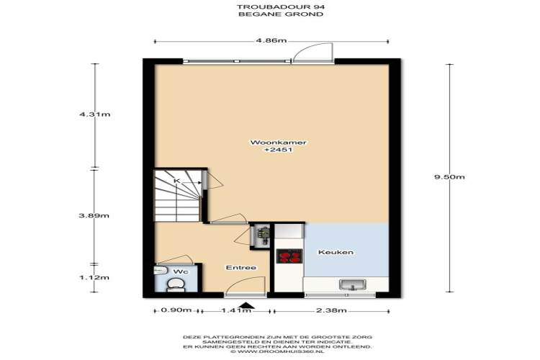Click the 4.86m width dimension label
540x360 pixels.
pyautogui.click(x=271, y=40)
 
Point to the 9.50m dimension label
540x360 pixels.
pyautogui.click(x=449, y=177)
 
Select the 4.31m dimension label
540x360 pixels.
pyautogui.click(x=95, y=114)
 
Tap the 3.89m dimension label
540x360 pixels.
pyautogui.click(x=94, y=216)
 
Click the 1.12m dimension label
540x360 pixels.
pyautogui.click(x=94, y=277)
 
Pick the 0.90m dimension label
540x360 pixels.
pyautogui.click(x=176, y=310)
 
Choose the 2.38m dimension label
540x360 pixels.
pyautogui.click(x=331, y=310)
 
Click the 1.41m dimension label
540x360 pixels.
pyautogui.click(x=236, y=310)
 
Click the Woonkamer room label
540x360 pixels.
pyautogui.click(x=278, y=143)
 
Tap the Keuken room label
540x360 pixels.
pyautogui.click(x=336, y=252)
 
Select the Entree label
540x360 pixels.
pyautogui.click(x=241, y=268)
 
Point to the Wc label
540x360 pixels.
pyautogui.click(x=181, y=272)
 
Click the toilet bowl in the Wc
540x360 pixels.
pyautogui.click(x=176, y=284)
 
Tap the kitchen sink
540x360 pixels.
pyautogui.click(x=353, y=285)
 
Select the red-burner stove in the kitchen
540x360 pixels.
pyautogui.click(x=289, y=256)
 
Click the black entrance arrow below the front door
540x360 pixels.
pyautogui.click(x=246, y=305)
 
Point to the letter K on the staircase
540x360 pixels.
pyautogui.click(x=177, y=181)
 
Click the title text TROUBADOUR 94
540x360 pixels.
pyautogui.click(x=281, y=7)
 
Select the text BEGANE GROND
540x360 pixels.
pyautogui.click(x=281, y=14)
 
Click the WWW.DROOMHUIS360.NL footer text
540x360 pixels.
pyautogui.click(x=277, y=352)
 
